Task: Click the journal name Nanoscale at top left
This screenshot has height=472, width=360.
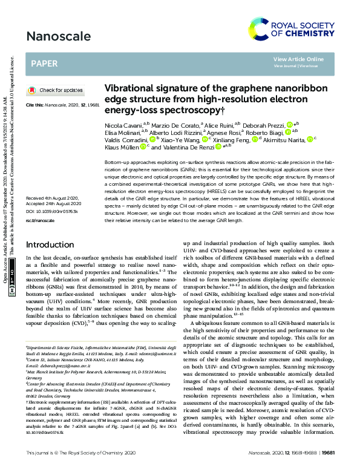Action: click(x=54, y=36)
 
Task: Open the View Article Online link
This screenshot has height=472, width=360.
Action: click(x=298, y=59)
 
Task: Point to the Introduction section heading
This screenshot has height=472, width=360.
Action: click(x=54, y=262)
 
